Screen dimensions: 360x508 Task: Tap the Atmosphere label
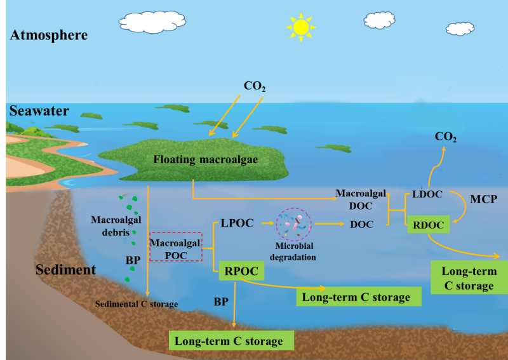(x=48, y=36)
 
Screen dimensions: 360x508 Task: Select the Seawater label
(x=39, y=111)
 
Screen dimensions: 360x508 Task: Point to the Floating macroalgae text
(x=206, y=159)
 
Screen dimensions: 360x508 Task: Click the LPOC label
(x=238, y=223)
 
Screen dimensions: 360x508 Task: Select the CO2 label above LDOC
(x=445, y=137)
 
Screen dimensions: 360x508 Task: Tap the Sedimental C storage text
(x=136, y=303)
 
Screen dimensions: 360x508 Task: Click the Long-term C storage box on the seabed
(x=232, y=341)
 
